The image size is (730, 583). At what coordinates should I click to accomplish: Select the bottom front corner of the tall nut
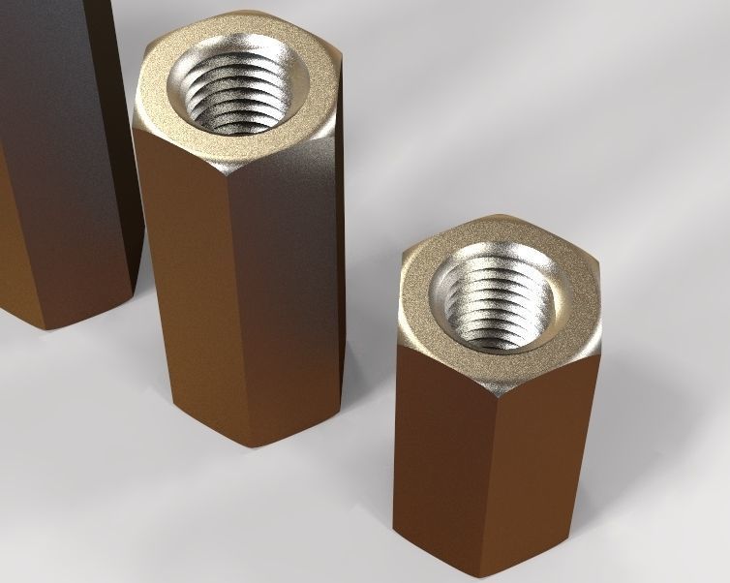(255, 446)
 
